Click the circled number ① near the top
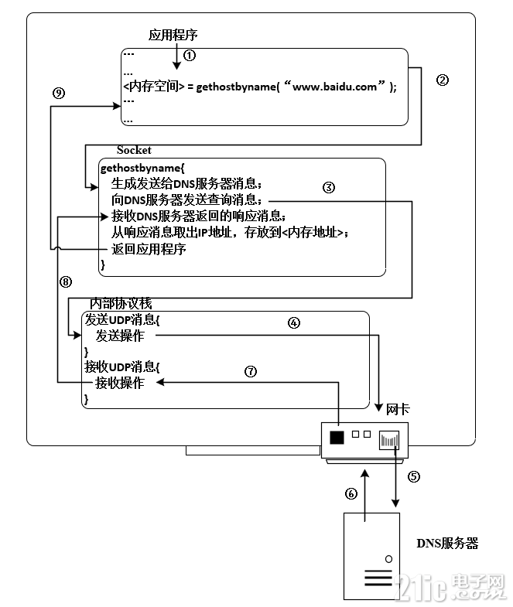(x=190, y=56)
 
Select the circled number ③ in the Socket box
(x=328, y=187)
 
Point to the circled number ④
(x=294, y=323)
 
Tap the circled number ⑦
(x=251, y=370)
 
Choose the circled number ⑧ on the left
(x=66, y=282)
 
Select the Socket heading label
(x=134, y=150)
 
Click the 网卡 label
(x=397, y=408)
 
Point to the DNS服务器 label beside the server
(x=447, y=544)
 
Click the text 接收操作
(x=119, y=383)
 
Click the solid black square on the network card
(x=337, y=438)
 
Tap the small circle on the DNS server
(x=388, y=558)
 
